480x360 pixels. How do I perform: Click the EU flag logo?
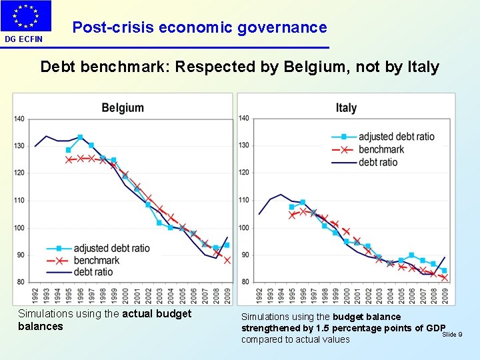(x=26, y=16)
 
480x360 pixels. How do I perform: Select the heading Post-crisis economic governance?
(x=199, y=27)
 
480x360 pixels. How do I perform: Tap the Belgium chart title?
(x=123, y=107)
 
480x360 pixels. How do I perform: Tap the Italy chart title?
(x=346, y=107)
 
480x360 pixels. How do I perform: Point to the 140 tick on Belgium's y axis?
(x=19, y=119)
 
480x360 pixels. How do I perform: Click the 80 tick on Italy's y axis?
(x=244, y=281)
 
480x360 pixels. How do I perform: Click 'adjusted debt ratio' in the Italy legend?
(x=396, y=137)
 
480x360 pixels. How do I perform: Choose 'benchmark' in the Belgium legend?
(x=97, y=260)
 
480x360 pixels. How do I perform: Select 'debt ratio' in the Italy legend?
(x=377, y=162)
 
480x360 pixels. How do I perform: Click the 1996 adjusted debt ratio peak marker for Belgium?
(x=80, y=137)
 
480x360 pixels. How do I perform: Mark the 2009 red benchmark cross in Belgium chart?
(x=227, y=260)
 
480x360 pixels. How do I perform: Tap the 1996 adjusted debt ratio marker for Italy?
(x=303, y=202)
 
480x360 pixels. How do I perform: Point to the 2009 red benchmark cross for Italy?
(x=444, y=278)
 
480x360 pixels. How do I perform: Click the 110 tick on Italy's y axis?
(x=244, y=200)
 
